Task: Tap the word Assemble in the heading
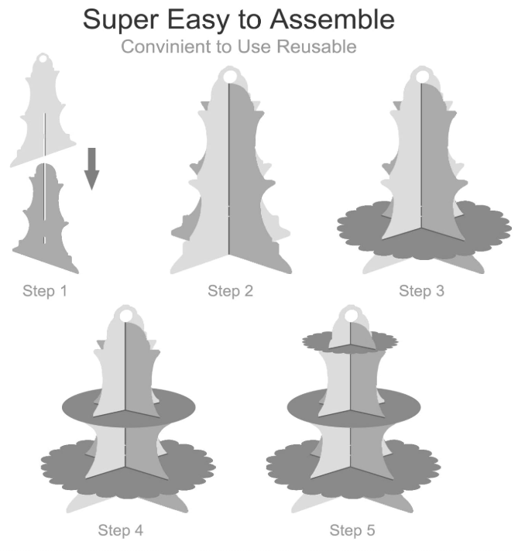pyautogui.click(x=332, y=19)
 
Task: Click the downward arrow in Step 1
pyautogui.click(x=91, y=169)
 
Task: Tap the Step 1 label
pyautogui.click(x=45, y=291)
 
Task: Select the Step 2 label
pyautogui.click(x=230, y=291)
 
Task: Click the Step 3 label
pyautogui.click(x=421, y=291)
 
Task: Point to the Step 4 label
pyautogui.click(x=120, y=530)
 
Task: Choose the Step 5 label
pyautogui.click(x=352, y=530)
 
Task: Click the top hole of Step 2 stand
pyautogui.click(x=229, y=76)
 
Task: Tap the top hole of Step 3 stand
pyautogui.click(x=422, y=76)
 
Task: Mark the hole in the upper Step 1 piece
pyautogui.click(x=43, y=58)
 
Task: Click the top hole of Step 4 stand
pyautogui.click(x=126, y=315)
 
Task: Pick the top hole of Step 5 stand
pyautogui.click(x=351, y=315)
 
